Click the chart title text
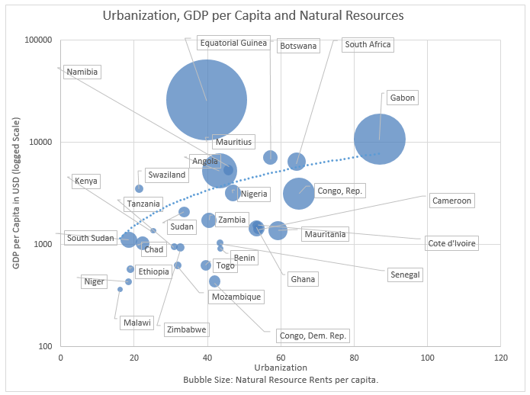[x=254, y=15]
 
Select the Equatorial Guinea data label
[x=233, y=43]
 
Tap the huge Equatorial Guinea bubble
[x=207, y=100]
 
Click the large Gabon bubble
[x=379, y=139]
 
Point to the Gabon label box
[x=403, y=98]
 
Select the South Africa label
[x=368, y=45]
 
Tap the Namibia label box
[x=83, y=72]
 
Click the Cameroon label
[x=451, y=201]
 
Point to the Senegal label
[x=405, y=275]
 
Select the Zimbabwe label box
[x=186, y=329]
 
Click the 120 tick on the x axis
[x=501, y=357]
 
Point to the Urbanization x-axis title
[x=280, y=368]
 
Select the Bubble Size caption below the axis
[x=281, y=380]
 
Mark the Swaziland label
[x=166, y=175]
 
